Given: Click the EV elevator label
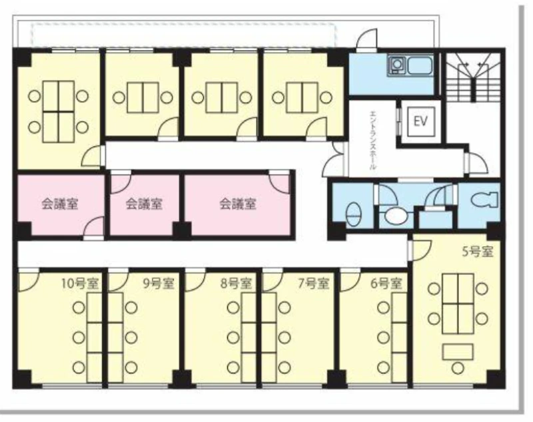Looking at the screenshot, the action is click(420, 121).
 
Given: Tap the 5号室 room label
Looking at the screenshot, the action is click(477, 252).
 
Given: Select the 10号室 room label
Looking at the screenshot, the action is click(79, 284).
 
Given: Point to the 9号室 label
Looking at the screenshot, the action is click(159, 284).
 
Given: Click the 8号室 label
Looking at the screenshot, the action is click(236, 284).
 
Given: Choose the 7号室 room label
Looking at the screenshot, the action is click(313, 284).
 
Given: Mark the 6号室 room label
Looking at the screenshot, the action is click(386, 284).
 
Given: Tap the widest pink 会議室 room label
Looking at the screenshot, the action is click(238, 204).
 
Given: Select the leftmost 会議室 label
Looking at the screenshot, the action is click(60, 204).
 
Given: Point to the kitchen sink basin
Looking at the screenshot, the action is click(420, 65).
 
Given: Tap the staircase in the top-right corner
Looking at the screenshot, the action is click(474, 77).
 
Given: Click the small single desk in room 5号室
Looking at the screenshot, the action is click(458, 351).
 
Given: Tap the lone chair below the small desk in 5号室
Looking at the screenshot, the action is click(458, 368).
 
